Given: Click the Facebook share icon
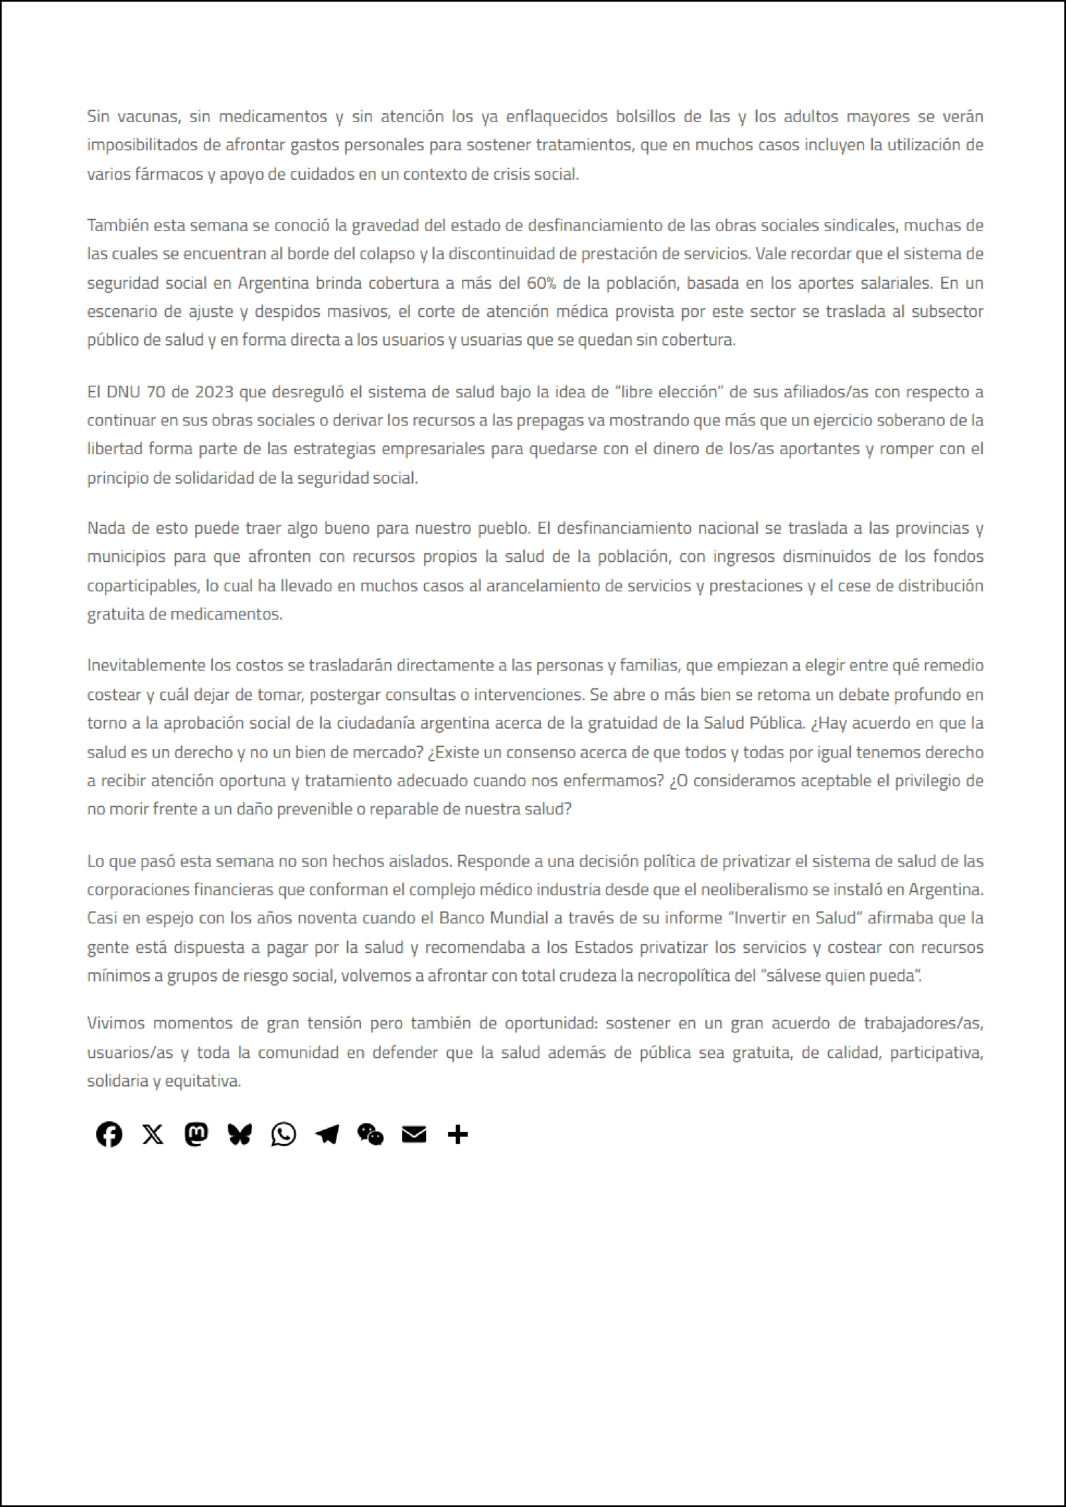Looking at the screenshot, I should (109, 1134).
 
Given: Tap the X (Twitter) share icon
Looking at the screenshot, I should (153, 1134).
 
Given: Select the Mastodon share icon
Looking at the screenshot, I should (196, 1134).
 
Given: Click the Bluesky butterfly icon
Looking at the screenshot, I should (239, 1134).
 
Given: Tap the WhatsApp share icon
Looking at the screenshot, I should (284, 1134).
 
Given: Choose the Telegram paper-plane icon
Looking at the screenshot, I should (327, 1134).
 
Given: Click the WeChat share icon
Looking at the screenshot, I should (370, 1134).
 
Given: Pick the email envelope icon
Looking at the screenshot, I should (414, 1134).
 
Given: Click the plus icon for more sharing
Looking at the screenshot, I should (457, 1134).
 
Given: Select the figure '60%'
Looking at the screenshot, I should (542, 283).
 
